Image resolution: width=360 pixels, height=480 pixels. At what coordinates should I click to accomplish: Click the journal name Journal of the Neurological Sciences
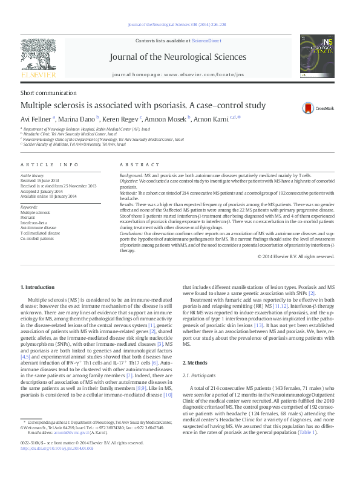tap(178, 57)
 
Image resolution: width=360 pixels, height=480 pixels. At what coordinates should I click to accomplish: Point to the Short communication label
tap(44, 92)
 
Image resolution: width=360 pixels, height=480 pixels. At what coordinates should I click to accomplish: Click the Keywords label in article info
tap(29, 207)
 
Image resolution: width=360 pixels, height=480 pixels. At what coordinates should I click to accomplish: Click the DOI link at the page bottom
tap(57, 465)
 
